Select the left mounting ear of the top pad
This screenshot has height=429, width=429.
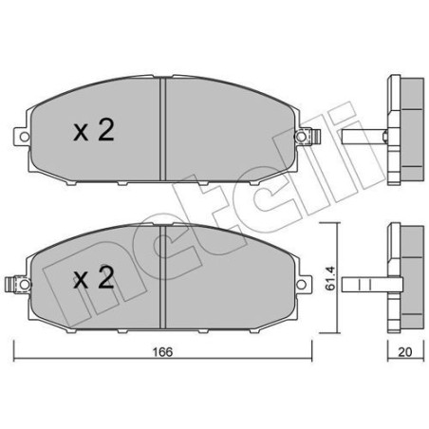click(21, 139)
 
